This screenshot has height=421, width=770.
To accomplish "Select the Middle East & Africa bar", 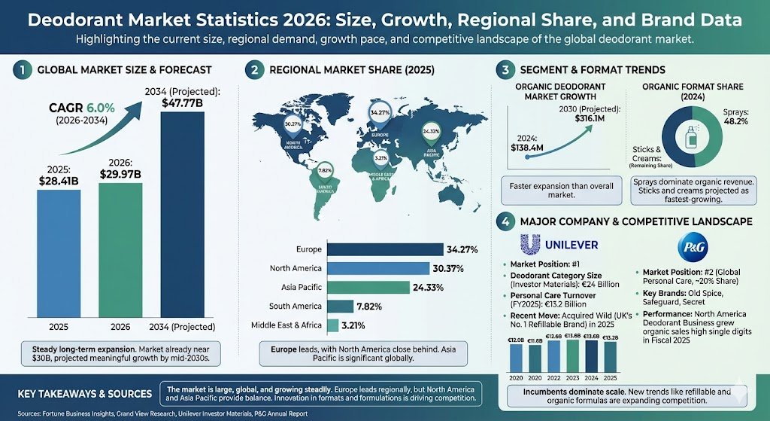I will [332, 325].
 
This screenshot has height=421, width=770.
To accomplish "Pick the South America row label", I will [296, 306].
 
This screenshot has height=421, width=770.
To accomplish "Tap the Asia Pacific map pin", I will [432, 133].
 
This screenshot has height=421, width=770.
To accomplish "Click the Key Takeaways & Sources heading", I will [83, 394].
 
